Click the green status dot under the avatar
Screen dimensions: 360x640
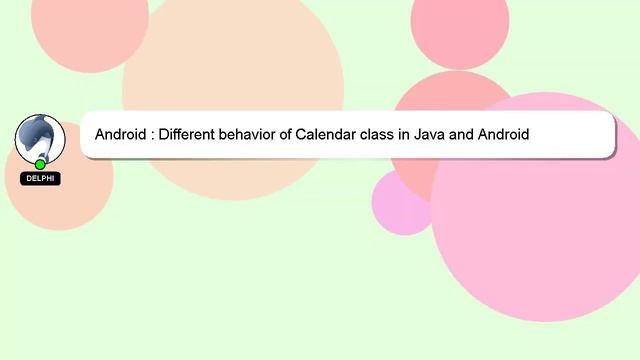point(40,164)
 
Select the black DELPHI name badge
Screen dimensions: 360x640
point(40,179)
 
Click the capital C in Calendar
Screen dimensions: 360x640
point(300,134)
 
